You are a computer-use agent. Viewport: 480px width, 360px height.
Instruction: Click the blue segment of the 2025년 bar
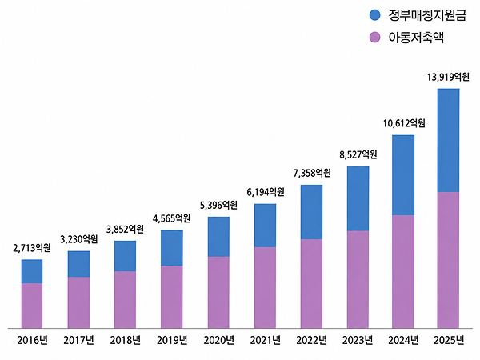point(449,140)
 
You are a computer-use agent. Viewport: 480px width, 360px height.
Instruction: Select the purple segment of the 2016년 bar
point(32,306)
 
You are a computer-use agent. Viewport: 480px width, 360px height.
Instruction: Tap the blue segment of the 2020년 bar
point(218,237)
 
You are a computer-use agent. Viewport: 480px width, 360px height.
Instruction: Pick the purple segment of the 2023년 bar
point(358,279)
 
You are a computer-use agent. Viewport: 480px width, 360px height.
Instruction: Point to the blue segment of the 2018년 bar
point(126,256)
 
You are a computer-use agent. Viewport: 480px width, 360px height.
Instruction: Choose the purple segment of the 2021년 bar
point(265,288)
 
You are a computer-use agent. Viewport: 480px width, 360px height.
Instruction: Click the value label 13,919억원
point(448,77)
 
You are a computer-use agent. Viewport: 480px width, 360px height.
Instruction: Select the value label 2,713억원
point(32,248)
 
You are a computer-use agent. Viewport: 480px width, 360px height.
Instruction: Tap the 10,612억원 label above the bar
point(404,123)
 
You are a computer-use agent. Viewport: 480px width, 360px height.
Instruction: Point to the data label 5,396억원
point(218,205)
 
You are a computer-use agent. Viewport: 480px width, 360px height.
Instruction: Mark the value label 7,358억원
point(312,173)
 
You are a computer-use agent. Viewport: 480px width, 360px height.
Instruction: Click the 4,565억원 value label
point(171,218)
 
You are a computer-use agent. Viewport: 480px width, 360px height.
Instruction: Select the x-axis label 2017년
point(78,340)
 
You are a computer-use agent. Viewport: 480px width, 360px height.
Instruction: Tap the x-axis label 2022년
point(312,340)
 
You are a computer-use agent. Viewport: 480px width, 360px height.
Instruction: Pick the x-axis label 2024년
point(403,340)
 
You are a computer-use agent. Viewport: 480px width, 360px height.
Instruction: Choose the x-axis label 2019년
point(172,340)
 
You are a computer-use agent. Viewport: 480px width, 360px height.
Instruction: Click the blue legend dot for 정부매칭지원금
point(374,14)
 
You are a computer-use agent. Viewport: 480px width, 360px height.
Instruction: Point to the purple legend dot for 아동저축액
point(374,38)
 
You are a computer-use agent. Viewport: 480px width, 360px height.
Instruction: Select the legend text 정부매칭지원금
point(427,15)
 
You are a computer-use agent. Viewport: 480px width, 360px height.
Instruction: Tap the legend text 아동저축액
point(416,38)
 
